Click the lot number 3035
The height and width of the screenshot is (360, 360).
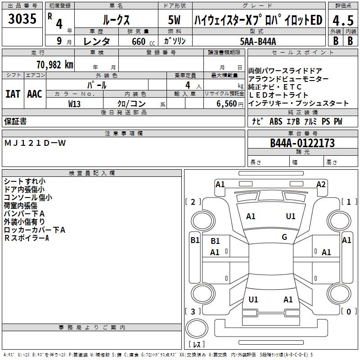point(22,19)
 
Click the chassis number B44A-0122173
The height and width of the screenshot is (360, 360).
point(302,143)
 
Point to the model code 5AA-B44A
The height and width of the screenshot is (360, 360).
point(258,41)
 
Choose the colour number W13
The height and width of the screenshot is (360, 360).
point(75,103)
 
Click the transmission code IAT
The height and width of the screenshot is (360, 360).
point(13,94)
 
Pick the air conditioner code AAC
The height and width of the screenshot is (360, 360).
point(34,94)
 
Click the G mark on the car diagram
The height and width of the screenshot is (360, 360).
point(284,237)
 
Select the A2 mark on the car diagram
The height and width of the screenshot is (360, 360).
point(321,184)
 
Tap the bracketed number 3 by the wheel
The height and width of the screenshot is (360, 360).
point(193,311)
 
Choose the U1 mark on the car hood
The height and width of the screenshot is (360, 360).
point(291,216)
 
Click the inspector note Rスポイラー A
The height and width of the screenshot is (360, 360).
point(26,238)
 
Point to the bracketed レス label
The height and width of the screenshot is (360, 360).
point(196,345)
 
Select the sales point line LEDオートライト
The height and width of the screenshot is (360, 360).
point(279,95)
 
